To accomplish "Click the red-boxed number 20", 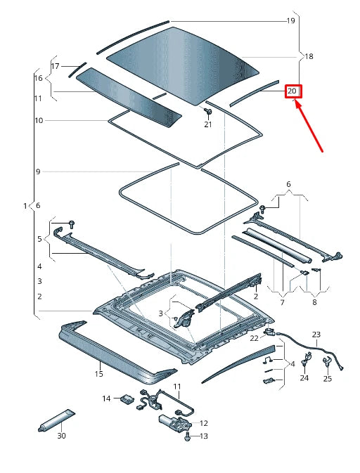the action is [292, 91].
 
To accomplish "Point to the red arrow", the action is [309, 126].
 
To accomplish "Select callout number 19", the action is [290, 20].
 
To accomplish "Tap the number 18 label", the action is [309, 56].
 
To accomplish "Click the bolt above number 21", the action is [208, 111].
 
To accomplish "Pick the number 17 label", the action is [56, 66].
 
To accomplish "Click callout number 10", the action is [39, 120].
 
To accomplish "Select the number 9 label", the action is [38, 171].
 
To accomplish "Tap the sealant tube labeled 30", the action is [56, 420].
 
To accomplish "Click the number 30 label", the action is [61, 436].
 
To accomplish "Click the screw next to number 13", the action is [188, 436].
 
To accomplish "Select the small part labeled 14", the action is [127, 399].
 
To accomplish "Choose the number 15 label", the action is [99, 374].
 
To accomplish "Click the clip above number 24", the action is [306, 359].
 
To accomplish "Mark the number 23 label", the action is [316, 335].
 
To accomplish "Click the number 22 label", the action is [254, 338].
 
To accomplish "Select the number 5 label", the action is [39, 239].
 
